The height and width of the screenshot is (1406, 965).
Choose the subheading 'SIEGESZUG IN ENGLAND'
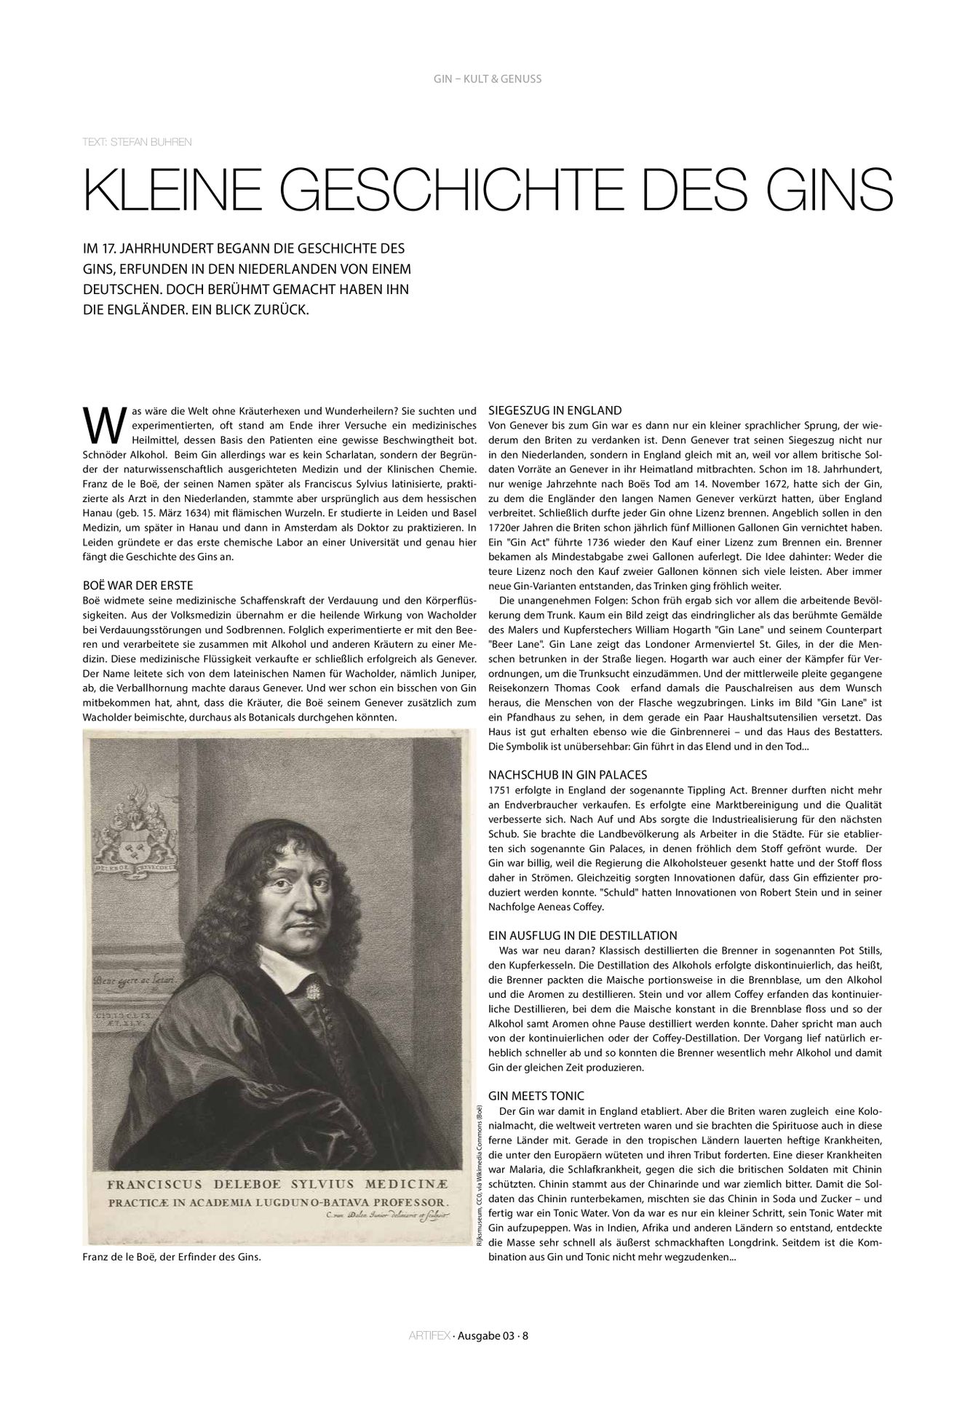click(555, 410)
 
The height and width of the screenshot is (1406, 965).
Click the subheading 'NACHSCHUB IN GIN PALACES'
click(568, 774)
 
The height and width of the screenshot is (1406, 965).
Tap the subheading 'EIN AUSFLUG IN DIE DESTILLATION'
click(583, 935)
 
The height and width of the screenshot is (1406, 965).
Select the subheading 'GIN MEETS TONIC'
click(536, 1096)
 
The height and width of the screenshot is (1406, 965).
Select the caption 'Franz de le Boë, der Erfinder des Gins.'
click(172, 1257)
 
